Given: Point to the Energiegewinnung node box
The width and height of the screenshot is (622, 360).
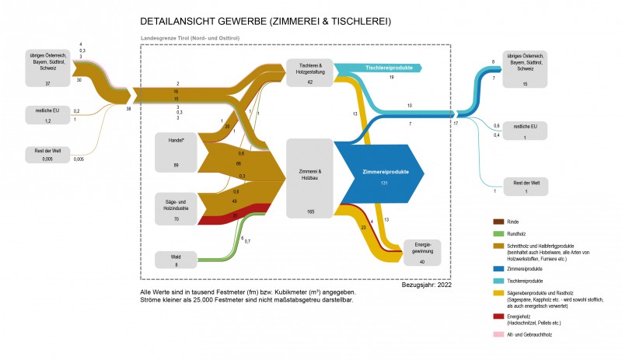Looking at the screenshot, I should (x=422, y=253).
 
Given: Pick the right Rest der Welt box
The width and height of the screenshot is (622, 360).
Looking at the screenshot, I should (x=526, y=186).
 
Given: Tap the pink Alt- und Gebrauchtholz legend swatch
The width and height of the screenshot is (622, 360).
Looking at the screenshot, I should (x=490, y=334).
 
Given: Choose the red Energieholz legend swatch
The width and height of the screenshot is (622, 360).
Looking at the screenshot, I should (x=490, y=317).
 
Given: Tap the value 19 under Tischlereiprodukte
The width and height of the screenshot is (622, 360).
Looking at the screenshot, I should (x=391, y=79).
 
